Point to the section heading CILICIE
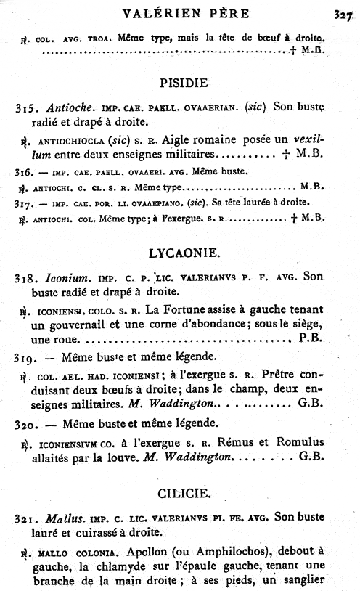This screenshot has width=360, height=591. click(184, 494)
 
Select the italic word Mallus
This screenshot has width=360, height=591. click(58, 519)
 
